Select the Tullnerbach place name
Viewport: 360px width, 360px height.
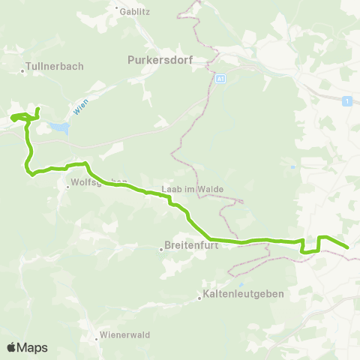(x=55, y=66)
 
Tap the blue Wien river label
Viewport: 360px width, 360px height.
(x=81, y=108)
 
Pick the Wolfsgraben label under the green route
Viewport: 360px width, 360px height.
(x=97, y=181)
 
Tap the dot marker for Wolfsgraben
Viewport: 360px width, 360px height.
(x=67, y=187)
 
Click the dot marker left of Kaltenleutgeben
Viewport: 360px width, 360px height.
(x=199, y=298)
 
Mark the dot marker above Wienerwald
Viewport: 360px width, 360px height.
(x=97, y=338)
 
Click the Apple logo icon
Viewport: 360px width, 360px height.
(x=11, y=347)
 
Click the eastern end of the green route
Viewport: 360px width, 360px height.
(x=348, y=247)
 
